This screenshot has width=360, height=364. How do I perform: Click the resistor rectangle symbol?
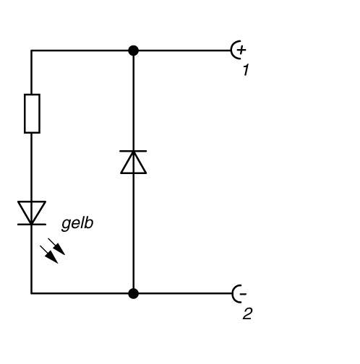(x=32, y=113)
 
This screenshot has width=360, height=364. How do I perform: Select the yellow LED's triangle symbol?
(x=32, y=212)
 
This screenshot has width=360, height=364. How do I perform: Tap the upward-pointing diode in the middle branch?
(x=133, y=162)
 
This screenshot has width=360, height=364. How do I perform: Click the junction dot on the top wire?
(x=133, y=51)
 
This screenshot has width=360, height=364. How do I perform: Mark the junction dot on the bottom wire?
(x=133, y=293)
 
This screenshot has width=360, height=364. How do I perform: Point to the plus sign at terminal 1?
(x=241, y=50)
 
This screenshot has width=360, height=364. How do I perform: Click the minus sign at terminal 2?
(x=242, y=293)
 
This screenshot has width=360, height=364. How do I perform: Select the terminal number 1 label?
(x=246, y=71)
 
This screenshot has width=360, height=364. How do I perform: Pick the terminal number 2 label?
(x=247, y=314)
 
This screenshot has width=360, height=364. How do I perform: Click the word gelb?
(x=77, y=223)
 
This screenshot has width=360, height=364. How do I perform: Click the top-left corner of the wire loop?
(x=32, y=51)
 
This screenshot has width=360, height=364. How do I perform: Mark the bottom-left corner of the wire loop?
(x=32, y=293)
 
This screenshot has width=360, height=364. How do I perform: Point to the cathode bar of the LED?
(x=32, y=224)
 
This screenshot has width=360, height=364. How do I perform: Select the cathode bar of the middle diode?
(x=133, y=151)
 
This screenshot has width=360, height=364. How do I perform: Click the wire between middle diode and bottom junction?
(x=133, y=231)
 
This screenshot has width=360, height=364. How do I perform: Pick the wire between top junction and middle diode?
(x=133, y=101)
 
